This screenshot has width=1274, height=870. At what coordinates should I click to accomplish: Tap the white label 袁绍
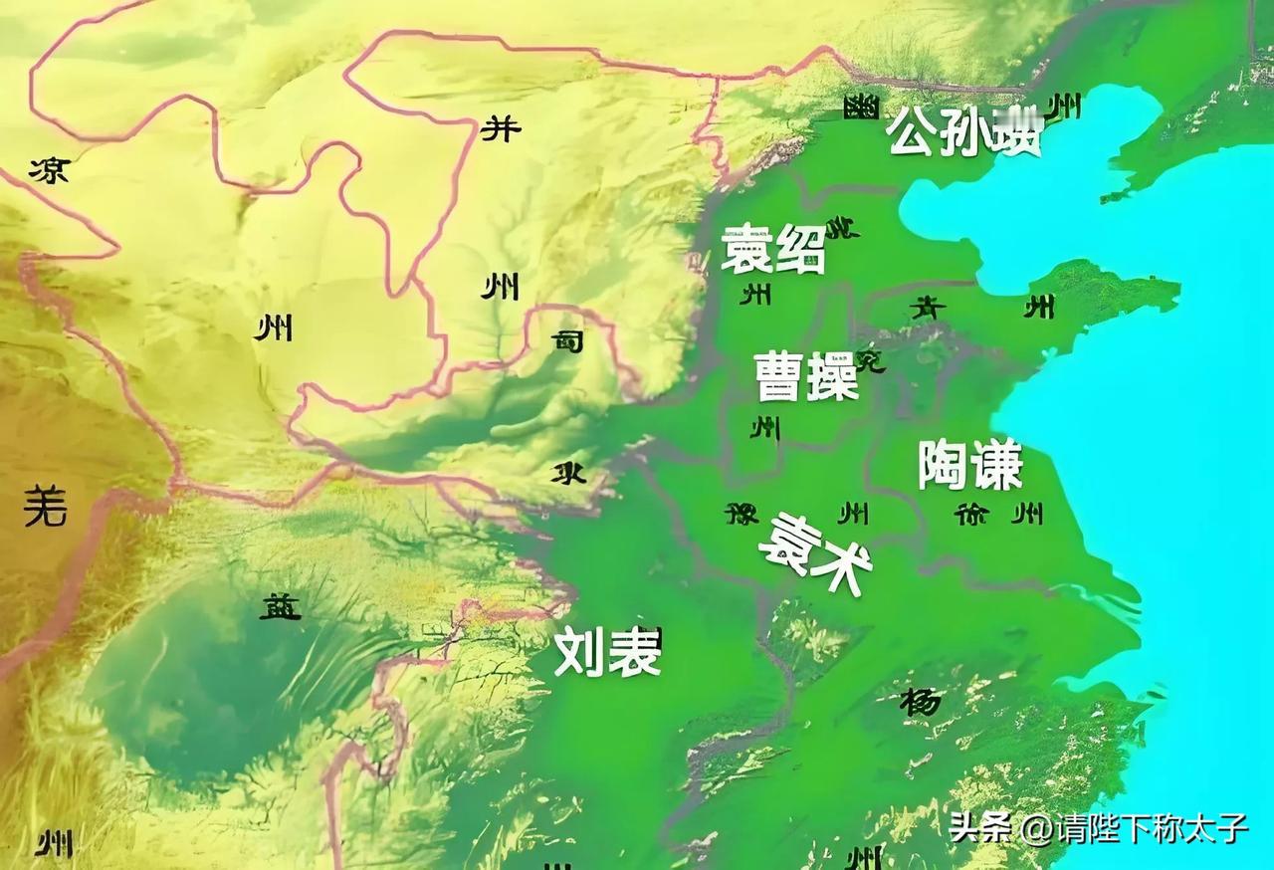[773, 248]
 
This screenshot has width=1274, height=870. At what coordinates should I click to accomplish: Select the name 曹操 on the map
[805, 375]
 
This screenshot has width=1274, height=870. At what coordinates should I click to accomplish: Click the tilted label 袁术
[816, 553]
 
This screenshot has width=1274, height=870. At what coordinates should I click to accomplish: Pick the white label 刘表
[607, 652]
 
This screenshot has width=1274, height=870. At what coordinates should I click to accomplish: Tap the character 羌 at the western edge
[46, 507]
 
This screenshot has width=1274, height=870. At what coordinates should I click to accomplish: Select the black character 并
[501, 128]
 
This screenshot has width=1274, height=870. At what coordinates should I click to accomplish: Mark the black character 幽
[861, 107]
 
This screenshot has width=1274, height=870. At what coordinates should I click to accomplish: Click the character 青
[928, 309]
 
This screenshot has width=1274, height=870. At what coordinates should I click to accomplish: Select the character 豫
[742, 515]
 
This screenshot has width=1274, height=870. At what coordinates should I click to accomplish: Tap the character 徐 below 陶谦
[970, 515]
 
